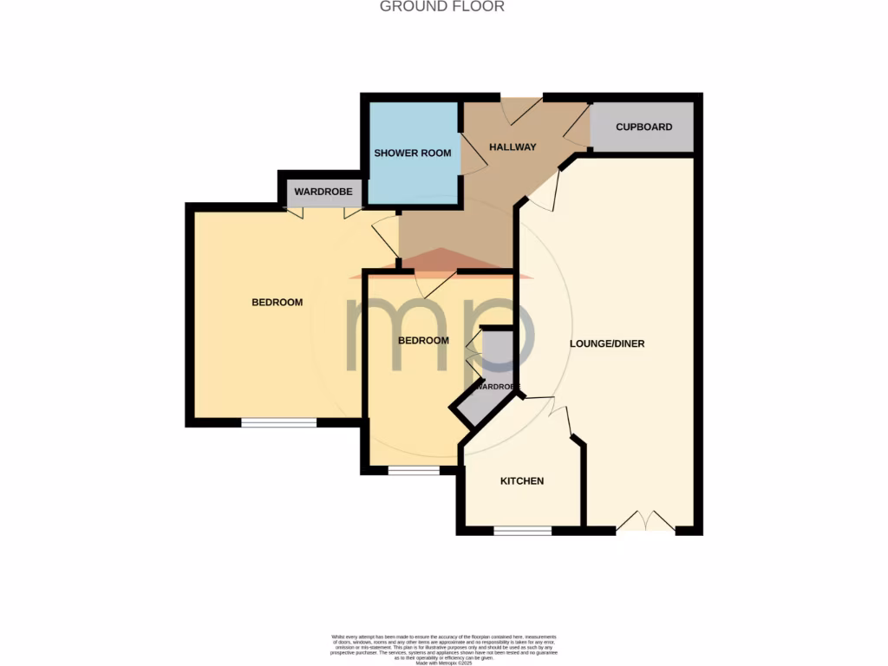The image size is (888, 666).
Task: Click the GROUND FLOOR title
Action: pyautogui.click(x=442, y=7)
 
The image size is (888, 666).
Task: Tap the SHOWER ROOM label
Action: pyautogui.click(x=412, y=153)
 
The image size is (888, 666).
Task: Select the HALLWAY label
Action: pyautogui.click(x=513, y=147)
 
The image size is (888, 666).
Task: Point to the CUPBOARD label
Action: pyautogui.click(x=643, y=127)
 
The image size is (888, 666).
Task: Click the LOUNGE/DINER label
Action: pyautogui.click(x=607, y=343)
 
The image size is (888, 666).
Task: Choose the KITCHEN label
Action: pyautogui.click(x=522, y=480)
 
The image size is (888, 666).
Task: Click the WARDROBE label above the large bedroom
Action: pyautogui.click(x=323, y=192)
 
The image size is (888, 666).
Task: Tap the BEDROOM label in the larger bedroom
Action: pyautogui.click(x=277, y=303)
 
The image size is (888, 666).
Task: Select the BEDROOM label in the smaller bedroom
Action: pyautogui.click(x=423, y=341)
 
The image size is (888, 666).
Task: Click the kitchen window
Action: pyautogui.click(x=522, y=530)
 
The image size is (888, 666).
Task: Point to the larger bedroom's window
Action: pyautogui.click(x=278, y=422)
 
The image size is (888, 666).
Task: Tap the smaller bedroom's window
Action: pyautogui.click(x=414, y=471)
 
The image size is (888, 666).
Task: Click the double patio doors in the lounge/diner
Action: pyautogui.click(x=645, y=523)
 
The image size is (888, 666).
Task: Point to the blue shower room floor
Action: pyautogui.click(x=413, y=178)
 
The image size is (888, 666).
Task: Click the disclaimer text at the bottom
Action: pyautogui.click(x=443, y=648)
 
